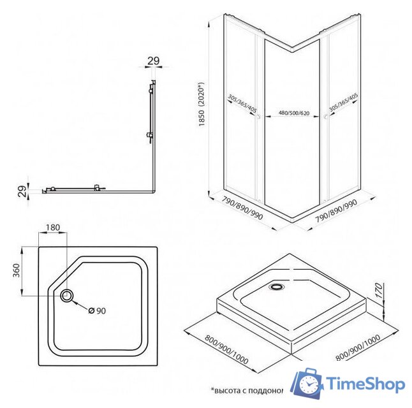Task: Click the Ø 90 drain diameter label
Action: tap(97, 310)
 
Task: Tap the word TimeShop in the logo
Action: tap(365, 384)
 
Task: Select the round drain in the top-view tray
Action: tap(67, 295)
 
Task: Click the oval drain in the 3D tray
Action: tap(277, 286)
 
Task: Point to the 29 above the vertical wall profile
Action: tap(152, 61)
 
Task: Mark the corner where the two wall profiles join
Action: tap(154, 193)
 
